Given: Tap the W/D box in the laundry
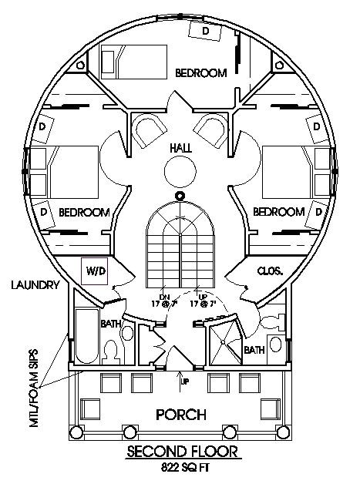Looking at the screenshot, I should pyautogui.click(x=95, y=271).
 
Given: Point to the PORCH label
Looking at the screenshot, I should pyautogui.click(x=180, y=415).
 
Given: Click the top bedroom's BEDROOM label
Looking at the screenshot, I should pyautogui.click(x=200, y=73).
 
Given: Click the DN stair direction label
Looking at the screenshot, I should pyautogui.click(x=164, y=297).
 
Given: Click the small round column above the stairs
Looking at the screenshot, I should pyautogui.click(x=180, y=196).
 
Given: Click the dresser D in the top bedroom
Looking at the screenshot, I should pyautogui.click(x=206, y=30).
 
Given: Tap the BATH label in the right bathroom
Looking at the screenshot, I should pyautogui.click(x=254, y=348).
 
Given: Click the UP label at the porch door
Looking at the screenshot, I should pyautogui.click(x=184, y=381).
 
